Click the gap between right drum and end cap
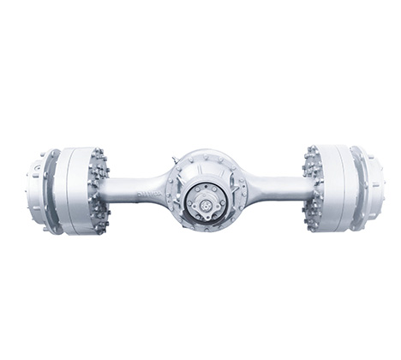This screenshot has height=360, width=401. [x=350, y=190]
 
